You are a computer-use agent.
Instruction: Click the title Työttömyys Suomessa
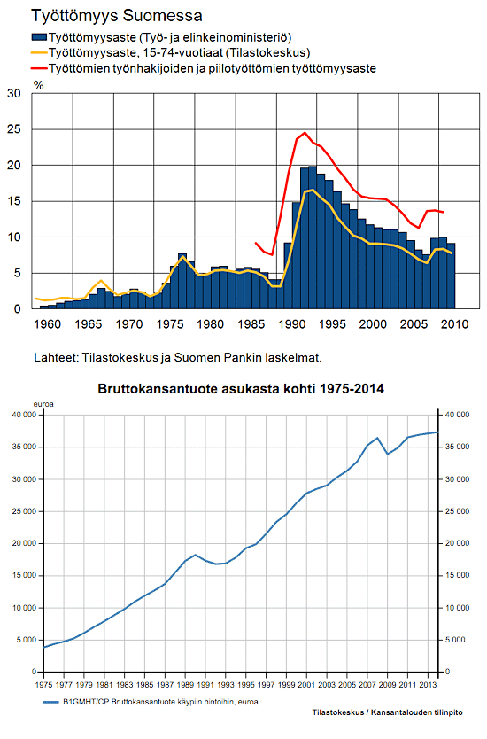tap(117, 16)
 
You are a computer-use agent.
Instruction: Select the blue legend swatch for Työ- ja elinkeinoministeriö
tap(40, 37)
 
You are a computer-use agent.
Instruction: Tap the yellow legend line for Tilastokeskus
tap(40, 53)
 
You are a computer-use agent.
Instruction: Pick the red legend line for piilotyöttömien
tap(40, 68)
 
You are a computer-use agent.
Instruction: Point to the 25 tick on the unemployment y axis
tap(14, 129)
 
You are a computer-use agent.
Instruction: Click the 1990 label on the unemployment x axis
tap(292, 324)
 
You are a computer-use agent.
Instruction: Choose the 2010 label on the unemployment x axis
tap(455, 324)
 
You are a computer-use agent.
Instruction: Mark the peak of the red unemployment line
tap(305, 132)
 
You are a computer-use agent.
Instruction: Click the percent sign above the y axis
tap(39, 85)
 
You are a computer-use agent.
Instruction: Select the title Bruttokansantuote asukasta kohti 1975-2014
tap(241, 389)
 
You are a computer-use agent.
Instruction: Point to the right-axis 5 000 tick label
tap(455, 640)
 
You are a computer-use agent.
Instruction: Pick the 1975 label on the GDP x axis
tap(43, 685)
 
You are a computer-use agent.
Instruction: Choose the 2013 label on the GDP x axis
tap(429, 685)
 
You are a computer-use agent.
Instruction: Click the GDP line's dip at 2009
tap(388, 454)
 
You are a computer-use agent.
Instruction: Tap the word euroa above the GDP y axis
tap(43, 404)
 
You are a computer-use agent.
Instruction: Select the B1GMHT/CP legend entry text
tap(160, 702)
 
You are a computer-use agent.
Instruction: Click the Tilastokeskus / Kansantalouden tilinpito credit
tap(387, 712)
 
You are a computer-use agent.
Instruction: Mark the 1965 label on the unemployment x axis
tap(88, 324)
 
